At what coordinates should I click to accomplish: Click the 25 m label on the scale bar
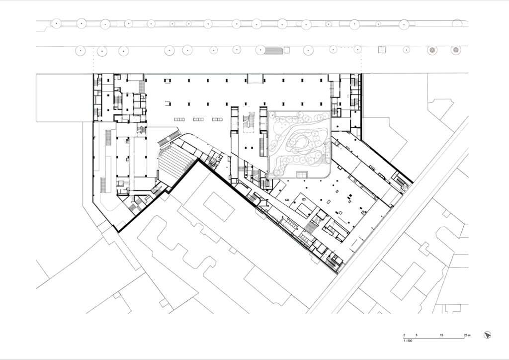tap(467, 335)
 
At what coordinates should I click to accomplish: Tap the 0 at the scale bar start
tap(404, 335)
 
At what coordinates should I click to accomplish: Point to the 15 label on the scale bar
tap(441, 335)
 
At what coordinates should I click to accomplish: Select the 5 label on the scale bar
tap(417, 335)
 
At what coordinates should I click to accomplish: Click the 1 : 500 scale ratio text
tap(408, 341)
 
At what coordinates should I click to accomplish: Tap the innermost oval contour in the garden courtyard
tap(301, 142)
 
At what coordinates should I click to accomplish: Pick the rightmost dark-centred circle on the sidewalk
tap(455, 50)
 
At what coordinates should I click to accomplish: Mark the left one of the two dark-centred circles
tap(432, 50)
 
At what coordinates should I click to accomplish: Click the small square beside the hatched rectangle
tap(286, 50)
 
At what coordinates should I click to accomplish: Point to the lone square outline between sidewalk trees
tap(382, 50)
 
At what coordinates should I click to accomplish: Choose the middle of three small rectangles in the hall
tap(198, 119)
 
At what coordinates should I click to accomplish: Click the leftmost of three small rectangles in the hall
tap(179, 119)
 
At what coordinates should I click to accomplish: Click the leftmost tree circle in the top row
tap(57, 23)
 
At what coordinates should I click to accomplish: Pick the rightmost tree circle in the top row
tap(457, 23)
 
